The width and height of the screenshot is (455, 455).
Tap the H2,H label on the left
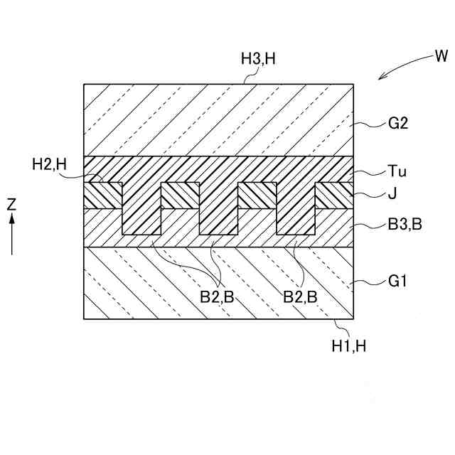[x=49, y=164]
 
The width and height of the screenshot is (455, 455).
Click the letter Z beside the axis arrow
[x=11, y=204]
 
